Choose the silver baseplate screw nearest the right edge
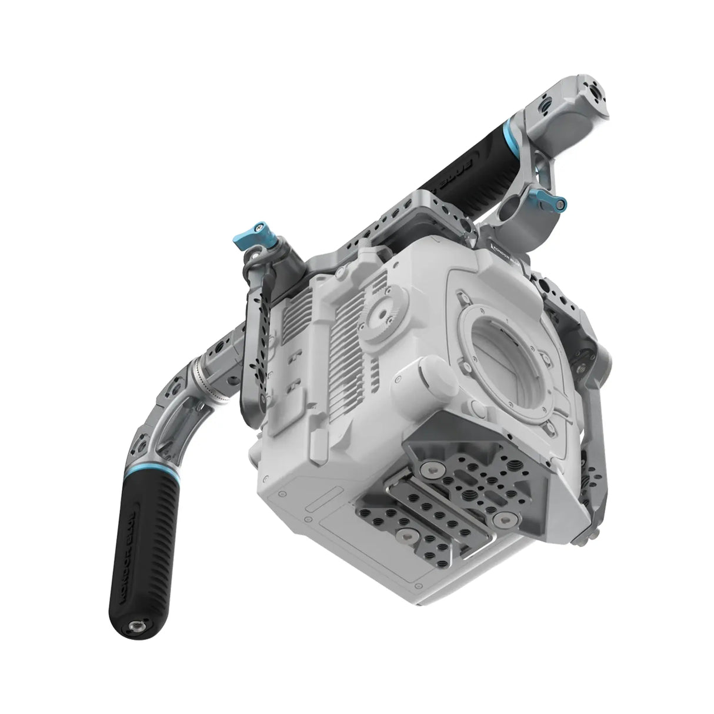point(504,515)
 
